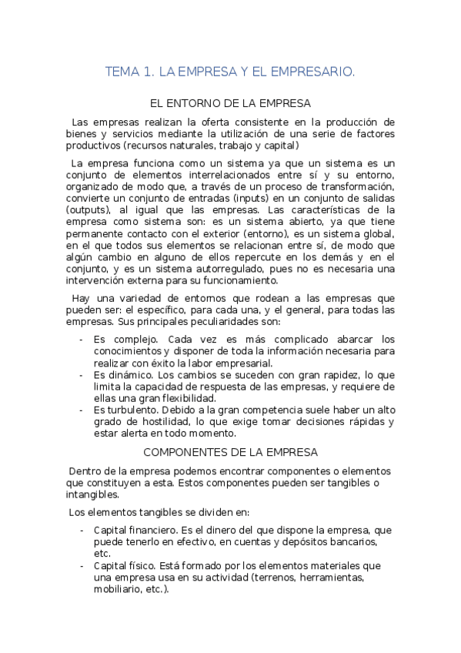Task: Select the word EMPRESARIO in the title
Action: click(316, 72)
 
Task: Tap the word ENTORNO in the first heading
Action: click(200, 102)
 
